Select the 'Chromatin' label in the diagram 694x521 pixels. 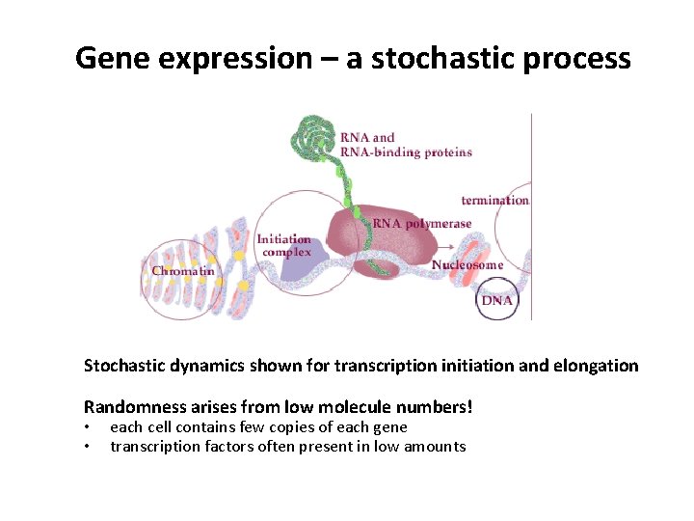(183, 271)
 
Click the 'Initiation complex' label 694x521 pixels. (284, 245)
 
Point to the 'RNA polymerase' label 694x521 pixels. (422, 224)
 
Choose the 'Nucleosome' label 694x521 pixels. (467, 265)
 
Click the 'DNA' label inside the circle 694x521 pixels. (497, 300)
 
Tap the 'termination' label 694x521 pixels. (494, 201)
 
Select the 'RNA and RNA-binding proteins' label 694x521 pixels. (405, 145)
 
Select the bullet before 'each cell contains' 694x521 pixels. (88, 427)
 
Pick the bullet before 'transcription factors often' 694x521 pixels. (88, 447)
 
